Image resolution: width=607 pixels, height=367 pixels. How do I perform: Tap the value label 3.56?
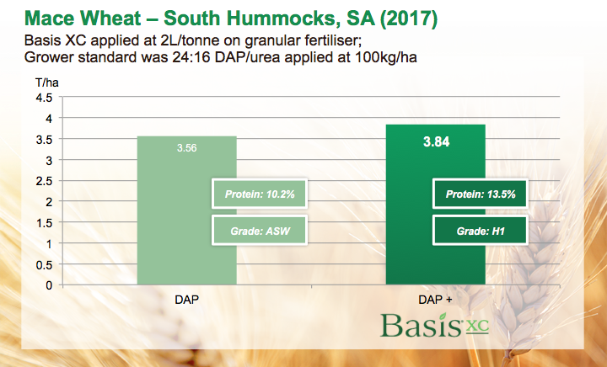[x=186, y=148]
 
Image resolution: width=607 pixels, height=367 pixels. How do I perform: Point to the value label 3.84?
[x=436, y=142]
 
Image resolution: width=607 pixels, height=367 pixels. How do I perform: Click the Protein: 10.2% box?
[x=258, y=194]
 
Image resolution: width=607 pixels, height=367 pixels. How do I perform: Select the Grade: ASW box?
[x=258, y=229]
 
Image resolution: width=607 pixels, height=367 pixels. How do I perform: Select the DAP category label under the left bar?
[x=186, y=299]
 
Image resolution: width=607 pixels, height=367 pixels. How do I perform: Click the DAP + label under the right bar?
[x=435, y=299]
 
